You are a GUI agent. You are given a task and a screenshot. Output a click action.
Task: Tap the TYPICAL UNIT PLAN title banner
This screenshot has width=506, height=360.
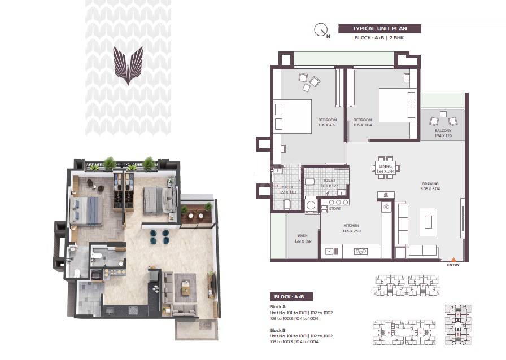click(379, 28)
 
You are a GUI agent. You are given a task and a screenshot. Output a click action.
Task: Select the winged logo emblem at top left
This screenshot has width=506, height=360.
click(128, 64)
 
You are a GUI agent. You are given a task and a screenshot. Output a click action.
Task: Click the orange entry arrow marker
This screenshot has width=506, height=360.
click(453, 259)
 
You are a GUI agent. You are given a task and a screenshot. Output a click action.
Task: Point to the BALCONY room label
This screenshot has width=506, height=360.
click(443, 133)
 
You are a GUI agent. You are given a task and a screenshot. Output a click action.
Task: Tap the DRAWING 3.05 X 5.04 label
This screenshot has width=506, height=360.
click(430, 186)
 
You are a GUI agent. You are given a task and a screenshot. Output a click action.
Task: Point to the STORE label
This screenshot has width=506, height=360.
click(335, 209)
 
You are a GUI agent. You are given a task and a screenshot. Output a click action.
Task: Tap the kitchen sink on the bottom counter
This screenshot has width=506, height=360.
click(360, 252)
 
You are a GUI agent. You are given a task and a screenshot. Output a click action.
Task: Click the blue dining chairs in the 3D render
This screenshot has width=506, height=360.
click(160, 236)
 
